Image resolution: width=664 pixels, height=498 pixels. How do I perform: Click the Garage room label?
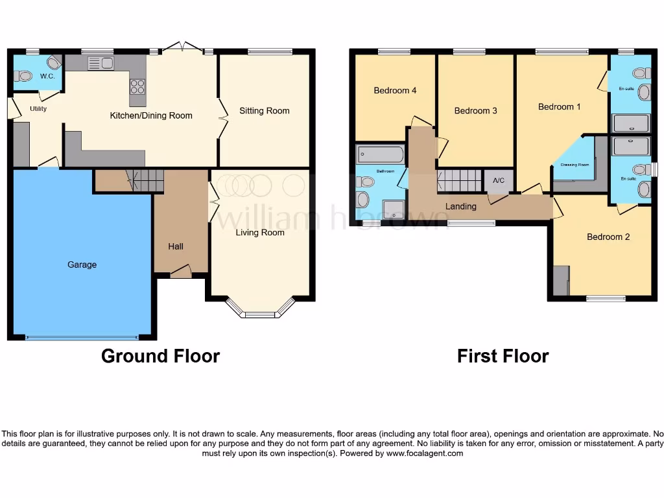82,265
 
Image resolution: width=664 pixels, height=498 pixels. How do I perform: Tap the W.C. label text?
47,76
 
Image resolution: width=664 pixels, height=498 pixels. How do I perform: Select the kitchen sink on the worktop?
101,63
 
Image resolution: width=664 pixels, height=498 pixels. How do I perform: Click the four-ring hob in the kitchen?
137,86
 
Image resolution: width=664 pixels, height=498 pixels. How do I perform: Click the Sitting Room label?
264,111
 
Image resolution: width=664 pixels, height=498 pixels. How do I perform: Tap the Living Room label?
259,232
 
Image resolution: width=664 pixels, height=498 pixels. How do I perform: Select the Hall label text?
176,246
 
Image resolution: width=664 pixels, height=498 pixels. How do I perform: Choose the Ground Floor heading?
160,356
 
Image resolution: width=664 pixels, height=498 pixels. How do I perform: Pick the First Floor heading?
503,356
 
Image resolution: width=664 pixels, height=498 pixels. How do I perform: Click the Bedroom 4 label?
395,91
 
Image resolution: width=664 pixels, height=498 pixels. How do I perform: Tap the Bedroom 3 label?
475,111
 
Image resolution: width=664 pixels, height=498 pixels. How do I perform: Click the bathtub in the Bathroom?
380,154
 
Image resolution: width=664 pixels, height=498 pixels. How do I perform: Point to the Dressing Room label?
574,165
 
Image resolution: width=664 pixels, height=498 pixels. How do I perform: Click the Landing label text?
461,206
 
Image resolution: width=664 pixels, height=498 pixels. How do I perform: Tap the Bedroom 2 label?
608,237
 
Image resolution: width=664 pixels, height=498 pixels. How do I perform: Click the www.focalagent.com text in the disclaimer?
425,454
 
